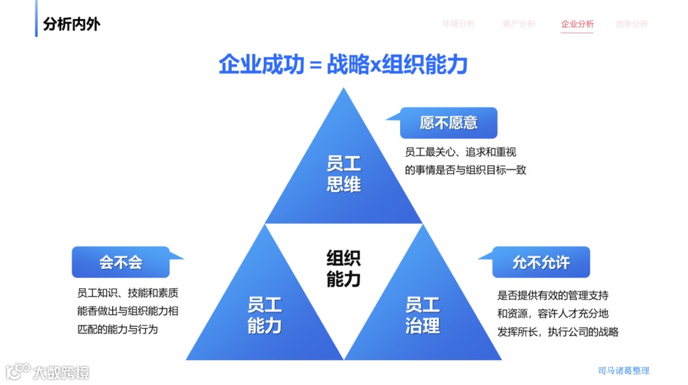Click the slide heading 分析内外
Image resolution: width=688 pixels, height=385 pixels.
click(x=71, y=24)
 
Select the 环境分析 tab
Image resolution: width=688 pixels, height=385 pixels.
click(x=459, y=24)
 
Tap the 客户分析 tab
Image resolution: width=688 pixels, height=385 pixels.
click(x=519, y=24)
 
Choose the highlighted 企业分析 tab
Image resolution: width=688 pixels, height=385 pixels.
click(x=577, y=24)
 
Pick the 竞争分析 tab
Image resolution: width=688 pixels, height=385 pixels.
click(x=631, y=24)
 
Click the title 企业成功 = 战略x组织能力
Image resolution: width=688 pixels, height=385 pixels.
click(x=343, y=64)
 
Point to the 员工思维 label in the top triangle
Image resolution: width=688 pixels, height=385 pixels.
click(x=343, y=174)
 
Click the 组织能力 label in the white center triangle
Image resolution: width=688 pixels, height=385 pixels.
click(x=343, y=268)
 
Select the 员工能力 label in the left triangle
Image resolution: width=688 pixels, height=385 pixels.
click(x=264, y=315)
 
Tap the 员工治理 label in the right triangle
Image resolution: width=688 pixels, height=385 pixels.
click(x=422, y=315)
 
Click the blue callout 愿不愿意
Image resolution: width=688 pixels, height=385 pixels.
click(x=448, y=123)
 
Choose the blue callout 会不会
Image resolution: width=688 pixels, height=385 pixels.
click(x=120, y=262)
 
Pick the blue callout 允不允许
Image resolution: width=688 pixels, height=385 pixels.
click(x=541, y=262)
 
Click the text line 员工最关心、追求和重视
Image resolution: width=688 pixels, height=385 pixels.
click(x=460, y=152)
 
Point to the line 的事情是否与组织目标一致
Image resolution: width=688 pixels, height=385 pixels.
click(x=465, y=170)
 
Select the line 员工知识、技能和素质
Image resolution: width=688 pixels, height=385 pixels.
click(x=127, y=294)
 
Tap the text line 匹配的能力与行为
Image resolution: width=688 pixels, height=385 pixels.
click(x=117, y=330)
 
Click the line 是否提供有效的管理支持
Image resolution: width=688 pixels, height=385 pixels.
click(x=552, y=296)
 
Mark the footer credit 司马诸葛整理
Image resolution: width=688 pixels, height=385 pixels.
click(x=624, y=370)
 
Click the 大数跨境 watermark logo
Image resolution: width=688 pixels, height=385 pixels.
click(x=48, y=371)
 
